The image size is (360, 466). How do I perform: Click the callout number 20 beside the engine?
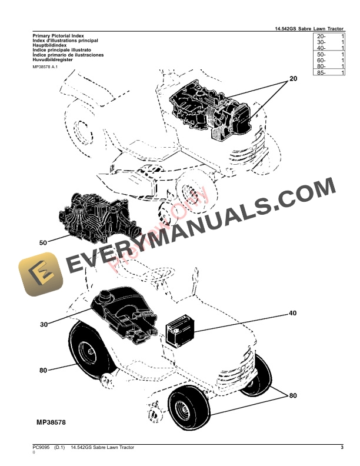click(x=294, y=79)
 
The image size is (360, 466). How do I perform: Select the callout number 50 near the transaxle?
click(x=42, y=242)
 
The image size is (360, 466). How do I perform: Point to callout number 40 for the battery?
click(x=292, y=314)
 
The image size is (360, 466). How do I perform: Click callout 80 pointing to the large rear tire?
click(x=43, y=370)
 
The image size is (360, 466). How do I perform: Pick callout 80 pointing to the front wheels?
click(x=292, y=395)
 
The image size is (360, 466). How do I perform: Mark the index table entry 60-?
click(x=321, y=60)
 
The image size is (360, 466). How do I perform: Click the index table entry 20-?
click(x=321, y=36)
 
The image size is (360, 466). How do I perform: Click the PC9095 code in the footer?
click(x=41, y=448)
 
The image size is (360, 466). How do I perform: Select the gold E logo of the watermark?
click(x=38, y=275)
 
